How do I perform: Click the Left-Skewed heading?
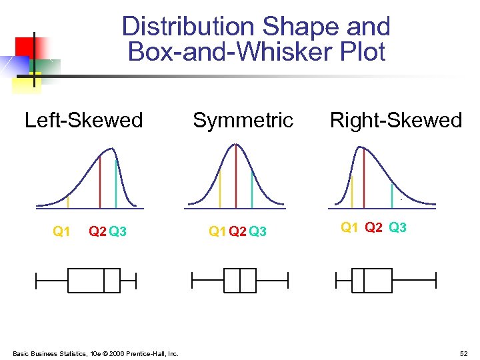pyautogui.click(x=83, y=120)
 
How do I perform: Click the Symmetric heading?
pyautogui.click(x=243, y=120)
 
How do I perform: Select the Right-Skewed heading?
pyautogui.click(x=396, y=120)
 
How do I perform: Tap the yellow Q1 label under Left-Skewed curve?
pyautogui.click(x=61, y=231)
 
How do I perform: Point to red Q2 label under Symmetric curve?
pyautogui.click(x=237, y=231)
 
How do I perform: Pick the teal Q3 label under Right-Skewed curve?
pyautogui.click(x=397, y=227)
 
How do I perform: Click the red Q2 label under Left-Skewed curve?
pyautogui.click(x=97, y=231)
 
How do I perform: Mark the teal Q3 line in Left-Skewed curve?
pyautogui.click(x=116, y=183)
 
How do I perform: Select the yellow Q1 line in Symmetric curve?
pyautogui.click(x=220, y=188)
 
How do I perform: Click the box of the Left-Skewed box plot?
pyautogui.click(x=93, y=280)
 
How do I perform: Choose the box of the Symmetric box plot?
pyautogui.click(x=240, y=280)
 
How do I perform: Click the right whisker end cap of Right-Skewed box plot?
pyautogui.click(x=435, y=280)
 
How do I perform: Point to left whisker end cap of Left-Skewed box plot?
pyautogui.click(x=37, y=280)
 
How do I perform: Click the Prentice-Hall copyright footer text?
pyautogui.click(x=95, y=353)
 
